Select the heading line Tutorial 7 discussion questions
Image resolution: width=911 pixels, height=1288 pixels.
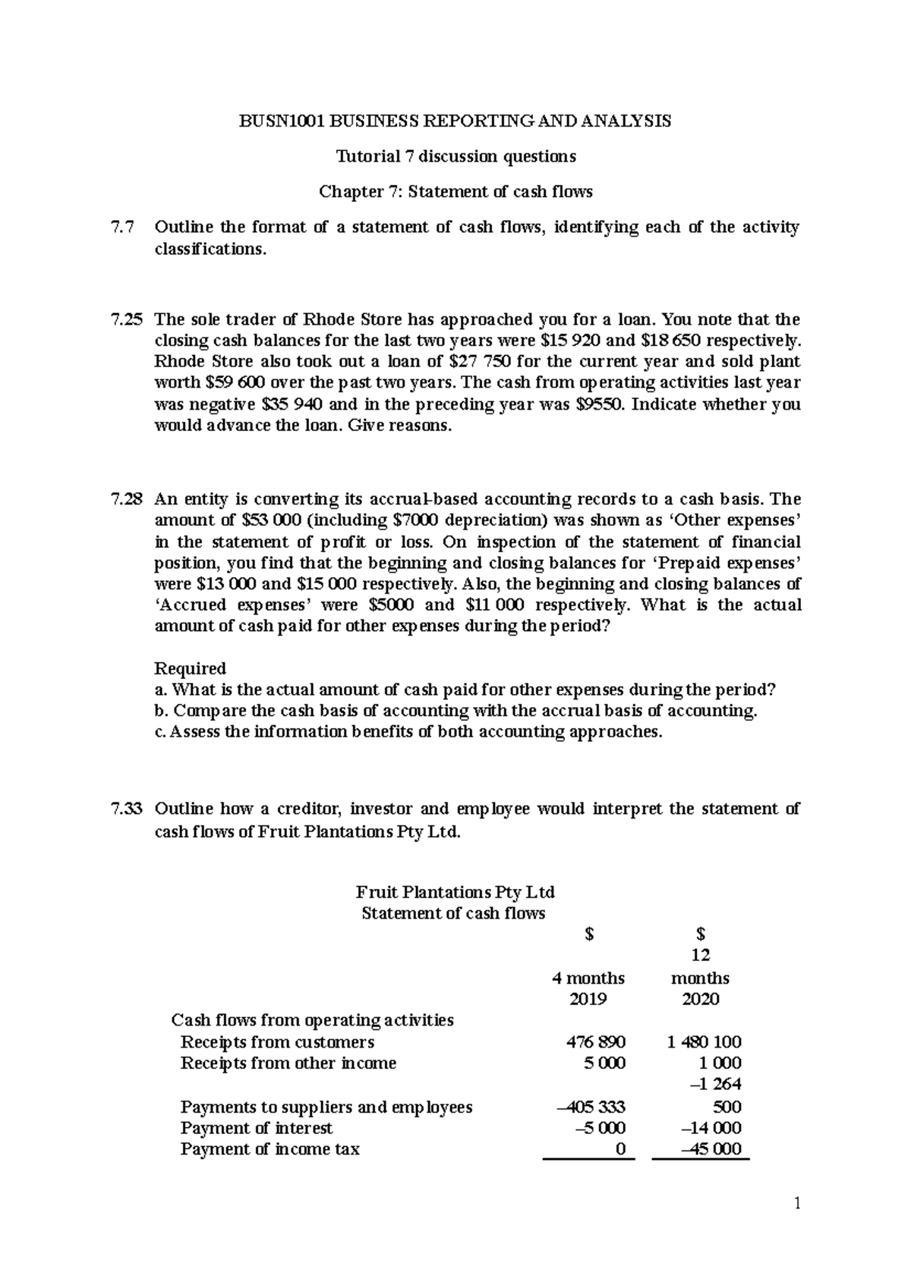[x=455, y=157]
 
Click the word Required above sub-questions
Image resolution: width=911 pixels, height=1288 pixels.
[x=190, y=668]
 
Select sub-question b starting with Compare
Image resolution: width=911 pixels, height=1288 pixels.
[x=455, y=711]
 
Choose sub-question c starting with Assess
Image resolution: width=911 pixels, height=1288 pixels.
[x=408, y=732]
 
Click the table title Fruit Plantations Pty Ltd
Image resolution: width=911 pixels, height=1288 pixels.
[x=455, y=891]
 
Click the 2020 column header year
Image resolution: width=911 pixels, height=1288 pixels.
[x=700, y=999]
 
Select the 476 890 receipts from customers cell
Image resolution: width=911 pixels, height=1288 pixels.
[x=596, y=1042]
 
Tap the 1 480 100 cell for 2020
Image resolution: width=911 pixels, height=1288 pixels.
[x=704, y=1042]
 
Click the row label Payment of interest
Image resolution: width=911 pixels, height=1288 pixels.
[x=257, y=1128]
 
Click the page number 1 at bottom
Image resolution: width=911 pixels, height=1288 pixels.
[x=797, y=1204]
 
